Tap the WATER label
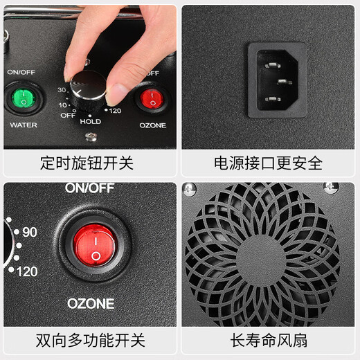(x=23, y=125)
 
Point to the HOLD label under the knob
(x=90, y=122)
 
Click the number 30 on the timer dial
(x=61, y=89)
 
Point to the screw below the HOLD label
(x=90, y=134)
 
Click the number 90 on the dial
(x=28, y=233)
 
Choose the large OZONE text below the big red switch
(x=91, y=303)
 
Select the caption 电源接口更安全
(x=268, y=163)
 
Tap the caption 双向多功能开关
(x=90, y=341)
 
